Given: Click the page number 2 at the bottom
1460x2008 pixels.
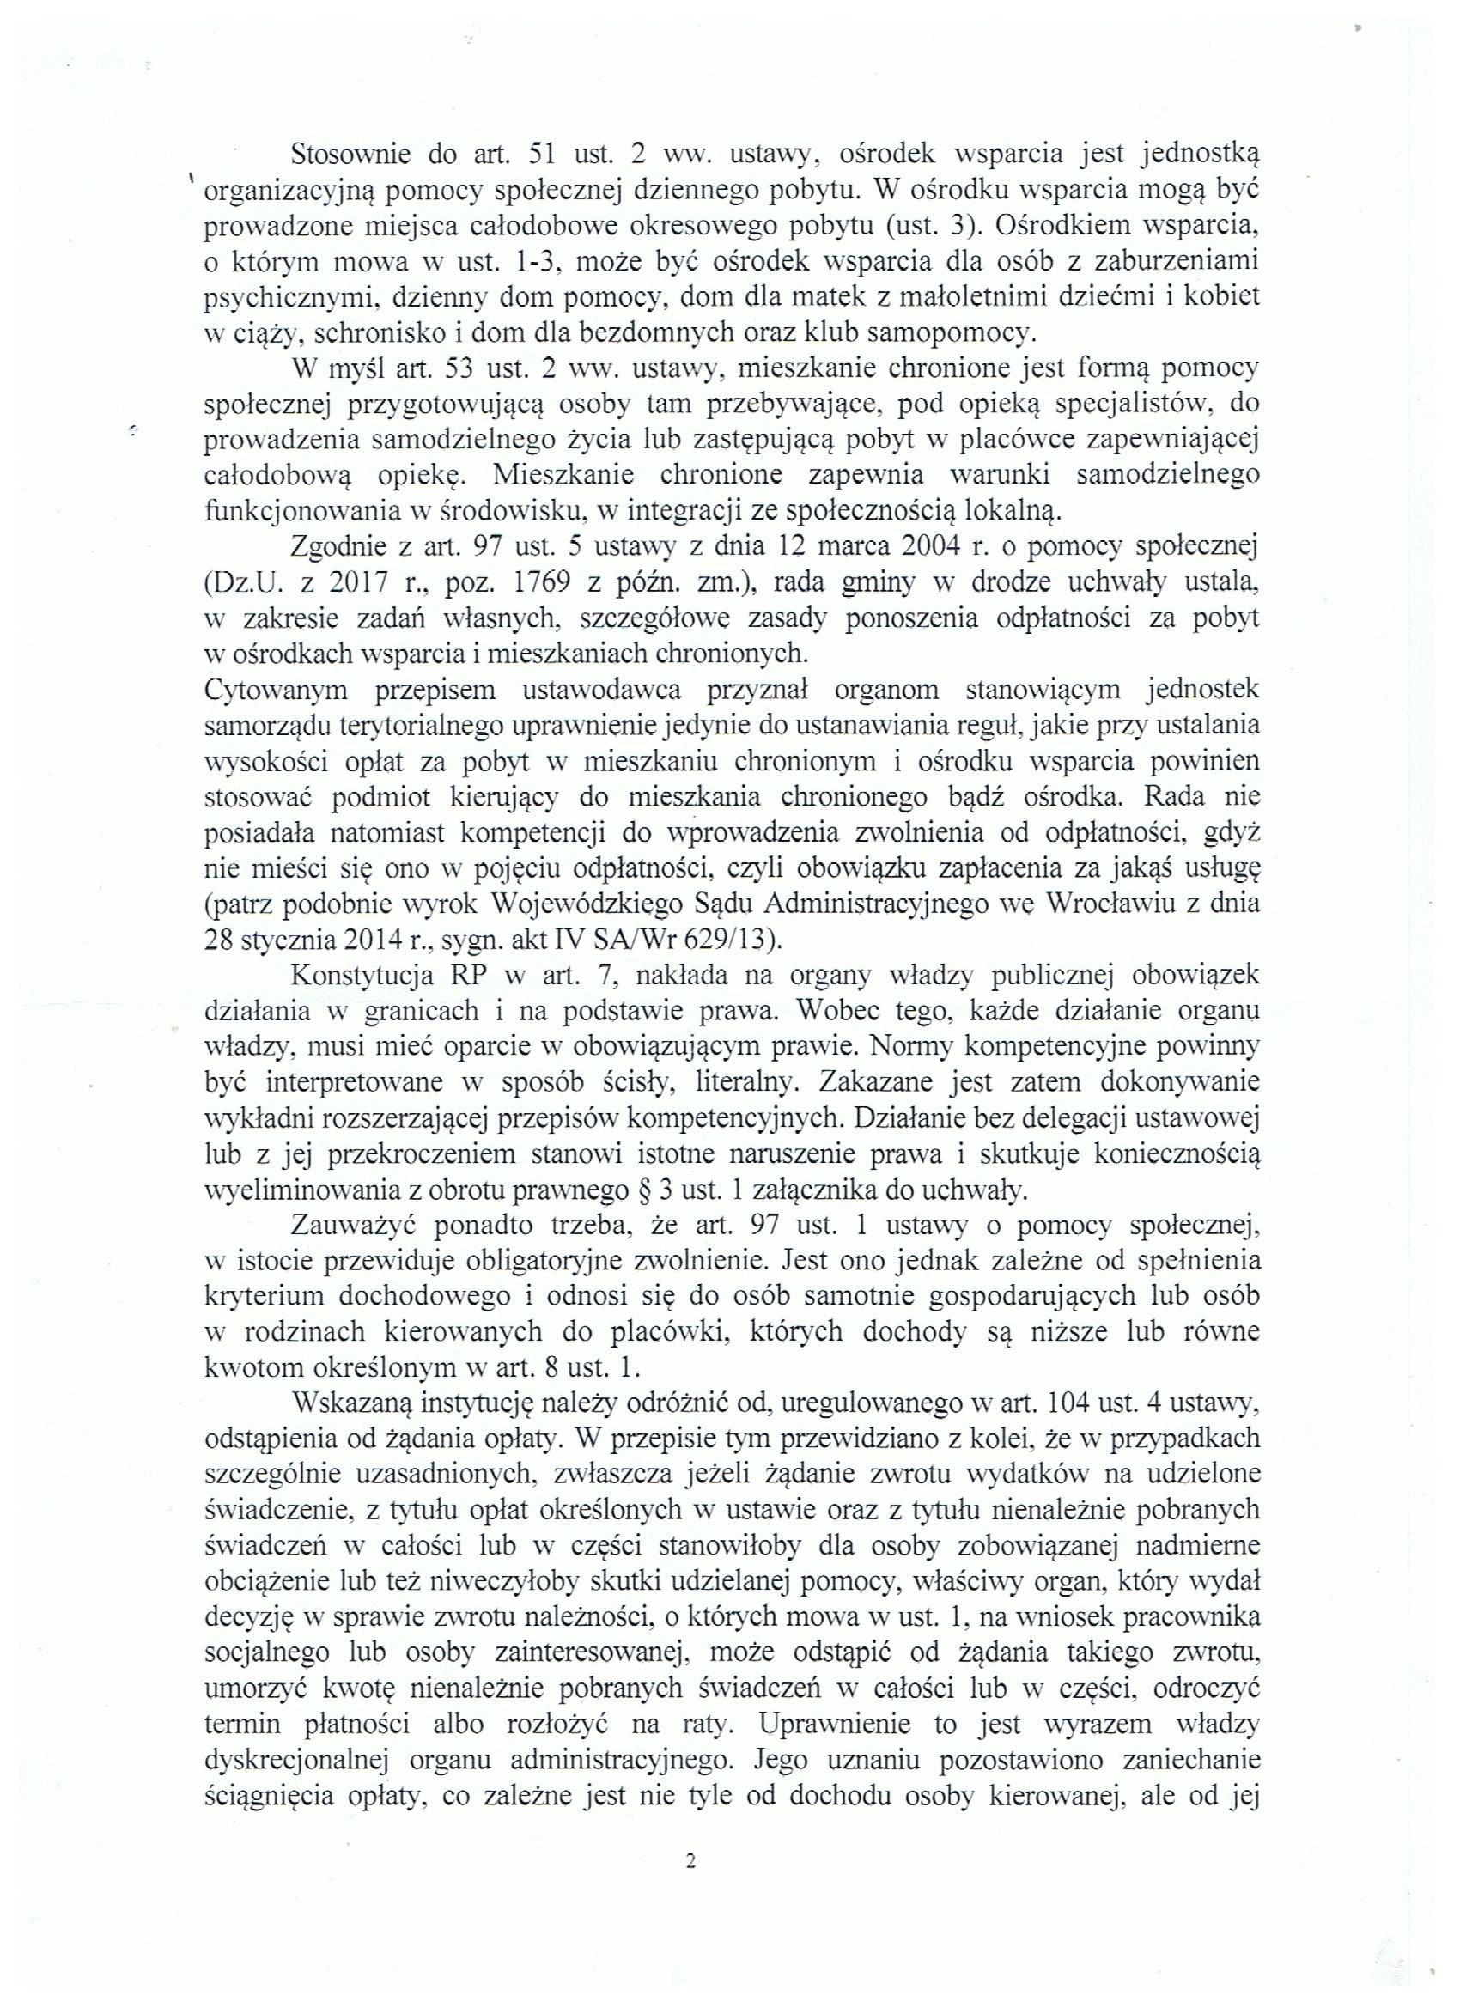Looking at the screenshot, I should [x=690, y=1861].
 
